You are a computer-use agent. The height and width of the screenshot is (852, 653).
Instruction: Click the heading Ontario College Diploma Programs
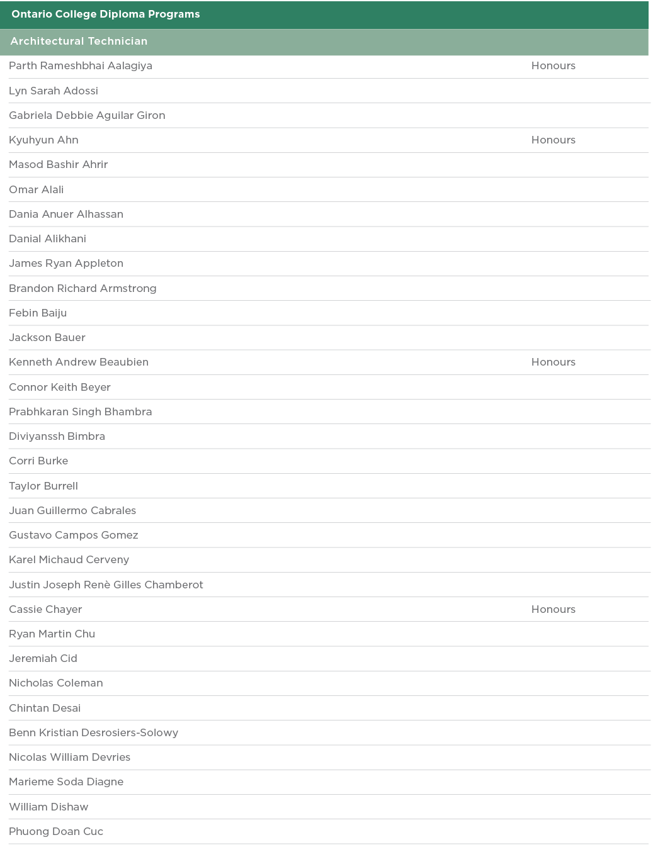point(105,14)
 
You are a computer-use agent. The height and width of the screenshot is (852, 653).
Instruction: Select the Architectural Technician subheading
point(79,42)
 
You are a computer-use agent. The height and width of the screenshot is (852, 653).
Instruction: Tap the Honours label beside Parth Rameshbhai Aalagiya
point(553,66)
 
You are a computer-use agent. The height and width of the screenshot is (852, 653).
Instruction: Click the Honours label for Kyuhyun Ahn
point(553,140)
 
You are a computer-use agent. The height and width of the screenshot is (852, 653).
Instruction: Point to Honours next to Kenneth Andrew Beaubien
point(553,362)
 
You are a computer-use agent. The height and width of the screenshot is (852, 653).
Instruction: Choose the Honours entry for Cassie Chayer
point(553,610)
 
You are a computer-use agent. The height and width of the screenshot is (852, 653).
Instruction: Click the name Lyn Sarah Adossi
point(54,91)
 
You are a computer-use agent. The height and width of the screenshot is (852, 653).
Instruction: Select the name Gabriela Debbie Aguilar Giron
point(87,116)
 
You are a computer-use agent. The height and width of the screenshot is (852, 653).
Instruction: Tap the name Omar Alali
point(36,190)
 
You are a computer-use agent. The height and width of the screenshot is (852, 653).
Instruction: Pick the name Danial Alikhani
point(47,239)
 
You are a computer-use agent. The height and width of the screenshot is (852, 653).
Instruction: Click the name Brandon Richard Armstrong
point(82,289)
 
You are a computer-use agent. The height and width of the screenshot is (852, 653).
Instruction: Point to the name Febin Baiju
point(38,313)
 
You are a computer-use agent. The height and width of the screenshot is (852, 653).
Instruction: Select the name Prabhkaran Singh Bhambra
point(80,412)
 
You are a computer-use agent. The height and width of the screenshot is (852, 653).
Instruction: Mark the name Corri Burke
point(38,461)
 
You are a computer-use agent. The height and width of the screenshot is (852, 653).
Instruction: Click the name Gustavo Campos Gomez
point(73,535)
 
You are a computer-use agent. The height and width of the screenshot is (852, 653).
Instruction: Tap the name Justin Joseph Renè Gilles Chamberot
point(106,585)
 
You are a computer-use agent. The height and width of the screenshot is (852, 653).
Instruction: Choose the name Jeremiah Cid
point(43,659)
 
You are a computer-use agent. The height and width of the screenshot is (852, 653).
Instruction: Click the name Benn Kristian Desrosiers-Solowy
point(93,733)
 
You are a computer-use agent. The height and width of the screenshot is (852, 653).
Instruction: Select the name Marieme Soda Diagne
point(66,782)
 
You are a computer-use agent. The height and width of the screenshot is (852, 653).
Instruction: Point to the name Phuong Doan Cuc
point(56,832)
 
